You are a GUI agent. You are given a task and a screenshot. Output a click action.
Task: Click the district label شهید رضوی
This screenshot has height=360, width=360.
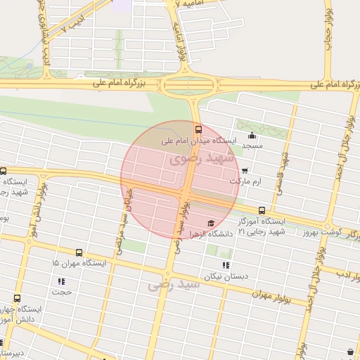[176, 160]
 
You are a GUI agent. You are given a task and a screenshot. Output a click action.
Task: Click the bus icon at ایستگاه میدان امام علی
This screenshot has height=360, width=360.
[199, 129]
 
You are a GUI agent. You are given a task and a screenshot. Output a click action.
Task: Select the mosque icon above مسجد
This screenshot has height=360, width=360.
[252, 136]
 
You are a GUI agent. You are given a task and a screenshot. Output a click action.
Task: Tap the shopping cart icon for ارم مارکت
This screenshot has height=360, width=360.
[244, 170]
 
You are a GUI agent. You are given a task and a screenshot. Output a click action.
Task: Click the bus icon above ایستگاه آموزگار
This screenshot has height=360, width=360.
[262, 210]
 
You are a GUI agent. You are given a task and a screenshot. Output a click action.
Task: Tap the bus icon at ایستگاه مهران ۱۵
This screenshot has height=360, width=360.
[77, 252]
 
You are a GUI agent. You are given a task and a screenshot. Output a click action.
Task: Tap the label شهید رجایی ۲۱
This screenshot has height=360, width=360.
[259, 231]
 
